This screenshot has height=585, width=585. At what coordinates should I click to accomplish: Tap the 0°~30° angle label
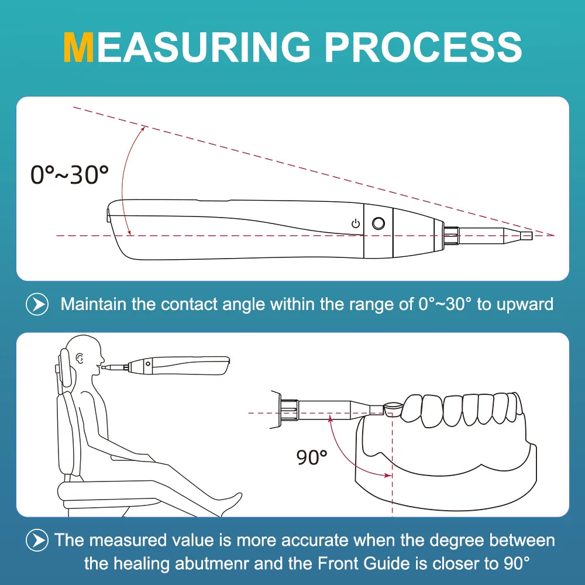[70, 174]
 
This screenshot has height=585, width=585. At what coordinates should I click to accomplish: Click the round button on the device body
[378, 223]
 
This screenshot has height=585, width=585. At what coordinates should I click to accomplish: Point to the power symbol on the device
[355, 223]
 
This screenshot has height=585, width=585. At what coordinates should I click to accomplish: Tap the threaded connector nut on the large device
[450, 235]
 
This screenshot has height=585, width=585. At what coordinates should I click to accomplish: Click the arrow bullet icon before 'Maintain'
[37, 304]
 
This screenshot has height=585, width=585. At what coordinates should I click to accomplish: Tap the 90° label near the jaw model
[312, 457]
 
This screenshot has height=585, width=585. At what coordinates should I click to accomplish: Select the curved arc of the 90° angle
[345, 450]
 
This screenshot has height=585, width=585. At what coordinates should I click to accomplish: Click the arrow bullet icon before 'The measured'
[37, 539]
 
